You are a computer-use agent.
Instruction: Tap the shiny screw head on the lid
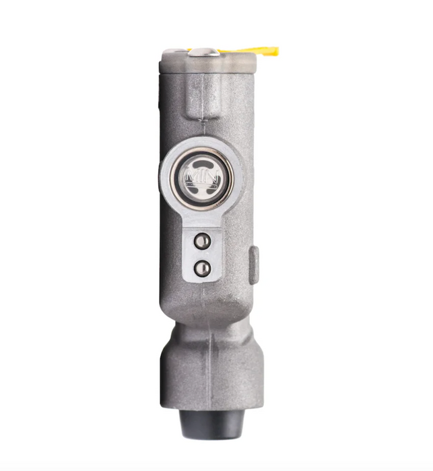click(205, 52)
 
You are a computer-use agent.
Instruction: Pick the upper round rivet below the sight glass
click(201, 241)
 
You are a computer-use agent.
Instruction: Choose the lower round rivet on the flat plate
click(201, 268)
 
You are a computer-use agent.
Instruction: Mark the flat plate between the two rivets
click(201, 254)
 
